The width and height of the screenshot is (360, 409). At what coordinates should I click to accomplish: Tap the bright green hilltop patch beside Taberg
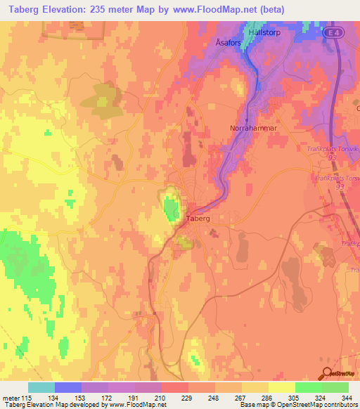[x=170, y=209]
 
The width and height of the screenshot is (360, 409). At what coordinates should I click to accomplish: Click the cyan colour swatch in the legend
[x=41, y=387]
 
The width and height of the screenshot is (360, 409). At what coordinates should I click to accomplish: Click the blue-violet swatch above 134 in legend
[x=68, y=387]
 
